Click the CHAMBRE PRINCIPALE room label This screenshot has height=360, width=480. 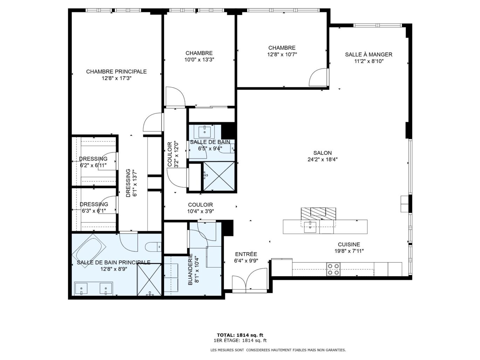point(116,71)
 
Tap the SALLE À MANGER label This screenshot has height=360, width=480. point(369,54)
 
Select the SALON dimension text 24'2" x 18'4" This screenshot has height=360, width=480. point(323,160)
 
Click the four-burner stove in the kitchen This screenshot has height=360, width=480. point(334,269)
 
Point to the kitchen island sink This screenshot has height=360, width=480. point(310,227)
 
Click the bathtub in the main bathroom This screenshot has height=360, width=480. point(89,248)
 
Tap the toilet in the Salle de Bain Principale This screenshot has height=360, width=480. point(153,247)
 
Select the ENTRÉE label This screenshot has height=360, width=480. point(246,254)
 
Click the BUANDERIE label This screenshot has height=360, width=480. point(190,269)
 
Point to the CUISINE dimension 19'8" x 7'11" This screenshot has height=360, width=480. point(349,251)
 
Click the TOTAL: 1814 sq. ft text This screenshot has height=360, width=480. point(240,335)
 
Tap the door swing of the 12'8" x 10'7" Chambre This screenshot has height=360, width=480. point(318,77)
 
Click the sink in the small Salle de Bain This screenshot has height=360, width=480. point(205,131)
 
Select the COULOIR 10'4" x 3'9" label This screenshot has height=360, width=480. point(200,208)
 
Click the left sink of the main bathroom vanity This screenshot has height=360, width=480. point(81,289)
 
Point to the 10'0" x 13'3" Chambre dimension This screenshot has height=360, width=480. point(199,60)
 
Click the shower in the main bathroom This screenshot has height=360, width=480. point(149,280)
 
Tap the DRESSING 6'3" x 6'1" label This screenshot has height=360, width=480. point(94,207)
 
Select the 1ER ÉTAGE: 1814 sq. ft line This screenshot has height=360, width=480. point(240,340)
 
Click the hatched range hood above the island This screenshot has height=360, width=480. point(318,214)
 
